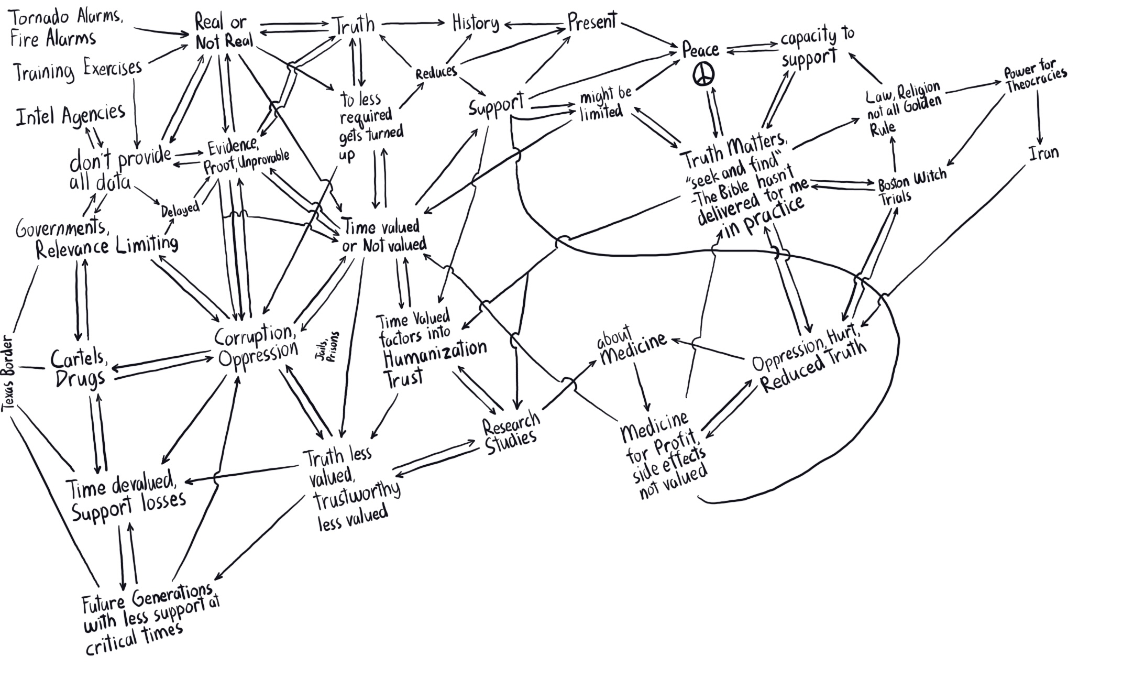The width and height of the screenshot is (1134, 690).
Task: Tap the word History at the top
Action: (475, 24)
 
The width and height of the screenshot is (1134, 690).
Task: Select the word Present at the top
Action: (592, 22)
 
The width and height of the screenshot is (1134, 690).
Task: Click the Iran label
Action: (1043, 154)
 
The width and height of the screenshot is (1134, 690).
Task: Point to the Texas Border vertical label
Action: (8, 373)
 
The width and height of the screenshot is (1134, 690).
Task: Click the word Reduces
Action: (436, 72)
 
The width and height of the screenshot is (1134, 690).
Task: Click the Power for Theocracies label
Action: (1034, 78)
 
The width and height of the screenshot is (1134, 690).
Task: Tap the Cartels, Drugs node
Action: (80, 368)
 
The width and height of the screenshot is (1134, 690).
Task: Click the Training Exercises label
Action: (78, 71)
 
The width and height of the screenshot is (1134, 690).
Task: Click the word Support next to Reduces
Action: (496, 106)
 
